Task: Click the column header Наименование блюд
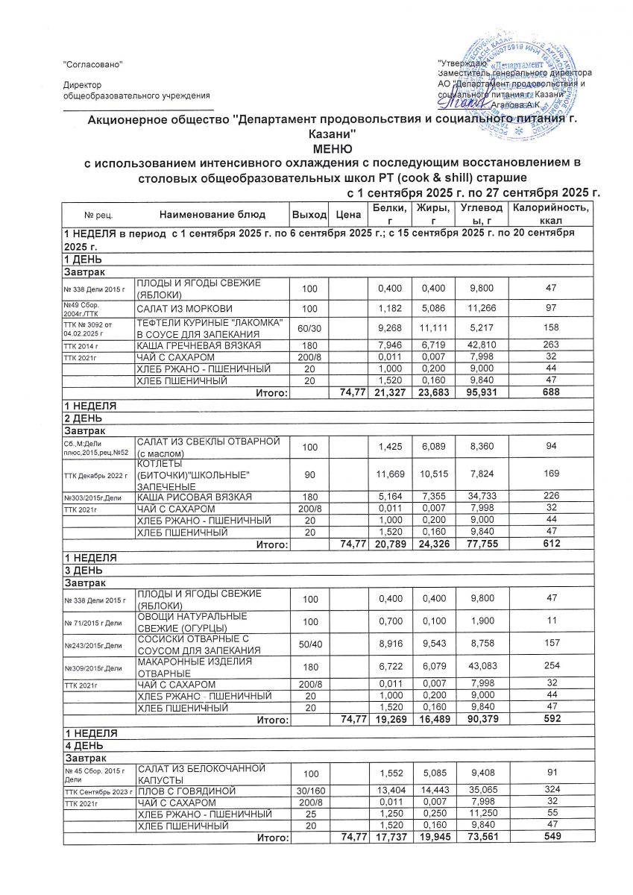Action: (x=212, y=215)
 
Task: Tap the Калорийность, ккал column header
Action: (x=552, y=214)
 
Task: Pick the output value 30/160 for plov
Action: (x=309, y=790)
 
